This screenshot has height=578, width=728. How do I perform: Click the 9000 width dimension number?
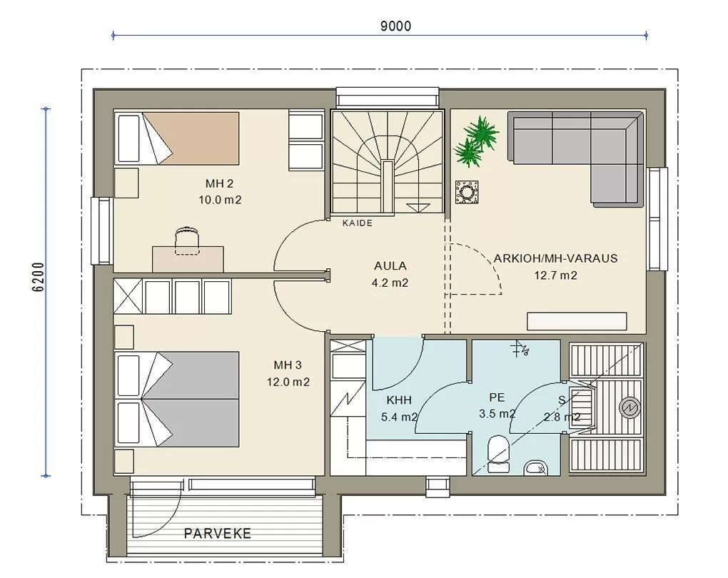tap(395, 26)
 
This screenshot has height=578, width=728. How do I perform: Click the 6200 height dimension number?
tap(39, 277)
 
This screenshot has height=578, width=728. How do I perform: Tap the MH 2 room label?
tap(219, 183)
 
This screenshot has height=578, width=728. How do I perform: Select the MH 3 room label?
tap(288, 365)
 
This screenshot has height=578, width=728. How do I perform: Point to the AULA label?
tap(390, 266)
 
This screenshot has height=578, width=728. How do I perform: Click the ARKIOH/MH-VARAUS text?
tap(555, 258)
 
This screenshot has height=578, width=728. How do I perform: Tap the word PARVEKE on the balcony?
tap(217, 534)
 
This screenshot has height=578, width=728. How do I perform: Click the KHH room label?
tap(399, 400)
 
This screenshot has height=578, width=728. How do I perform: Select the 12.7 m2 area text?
tap(555, 275)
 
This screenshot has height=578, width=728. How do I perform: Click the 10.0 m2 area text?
tap(220, 200)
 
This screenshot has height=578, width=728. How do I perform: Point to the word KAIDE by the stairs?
tap(358, 223)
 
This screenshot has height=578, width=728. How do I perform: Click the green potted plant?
tap(476, 141)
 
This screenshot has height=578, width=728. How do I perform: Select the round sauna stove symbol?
tap(630, 407)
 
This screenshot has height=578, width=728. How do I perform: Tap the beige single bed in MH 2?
tap(177, 138)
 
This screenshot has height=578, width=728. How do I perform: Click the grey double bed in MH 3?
tap(177, 400)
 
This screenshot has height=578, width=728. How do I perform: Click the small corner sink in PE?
tap(536, 468)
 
